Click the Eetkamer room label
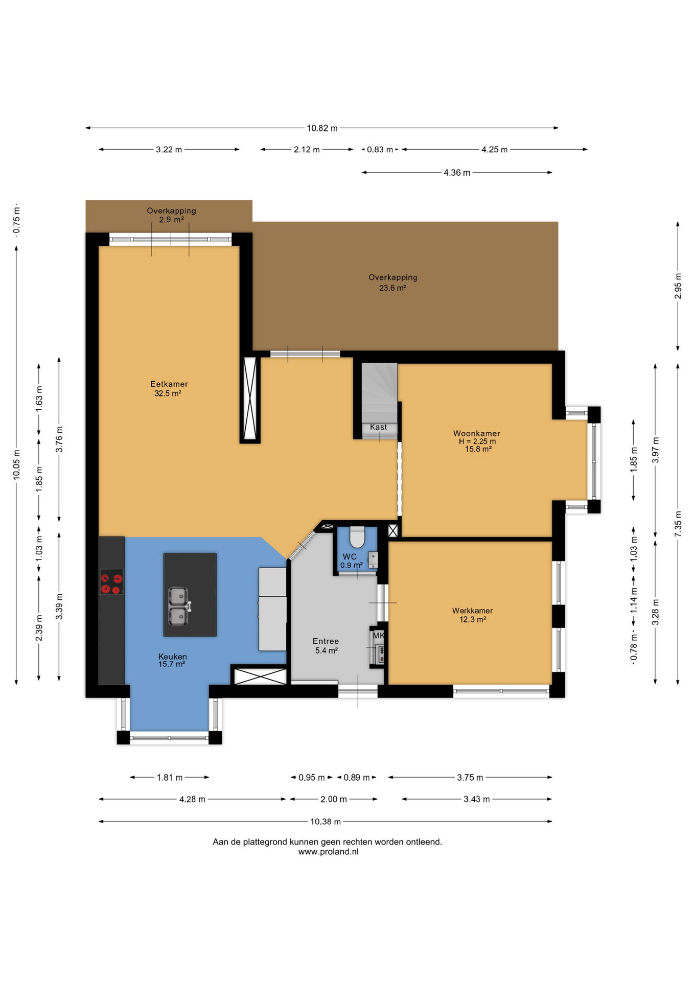click(169, 384)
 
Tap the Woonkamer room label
click(476, 433)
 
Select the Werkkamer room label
click(472, 611)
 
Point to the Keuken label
click(172, 657)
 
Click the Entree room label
click(326, 641)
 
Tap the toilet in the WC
click(357, 537)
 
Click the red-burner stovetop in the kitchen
click(111, 582)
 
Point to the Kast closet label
click(378, 427)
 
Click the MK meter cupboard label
click(378, 636)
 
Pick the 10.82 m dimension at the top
click(322, 128)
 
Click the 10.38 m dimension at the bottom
click(326, 822)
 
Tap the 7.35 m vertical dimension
click(678, 524)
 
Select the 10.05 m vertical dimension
click(16, 464)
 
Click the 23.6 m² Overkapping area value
click(392, 288)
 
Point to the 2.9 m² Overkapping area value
click(171, 220)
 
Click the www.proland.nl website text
click(329, 852)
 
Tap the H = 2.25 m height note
click(477, 441)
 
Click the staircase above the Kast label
click(380, 392)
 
